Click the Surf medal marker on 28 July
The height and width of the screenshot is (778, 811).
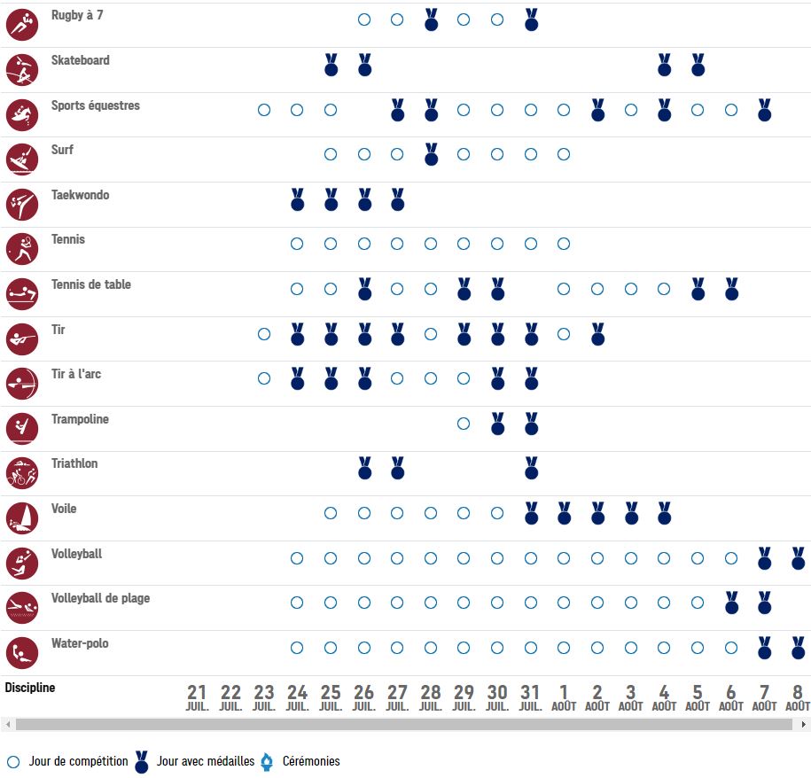tap(431, 154)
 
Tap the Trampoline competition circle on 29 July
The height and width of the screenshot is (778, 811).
tap(464, 424)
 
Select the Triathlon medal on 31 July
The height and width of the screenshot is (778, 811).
tap(531, 468)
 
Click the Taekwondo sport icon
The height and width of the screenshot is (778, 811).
tap(22, 205)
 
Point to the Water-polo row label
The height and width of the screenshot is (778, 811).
tap(80, 643)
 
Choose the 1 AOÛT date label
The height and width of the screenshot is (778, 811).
tap(564, 697)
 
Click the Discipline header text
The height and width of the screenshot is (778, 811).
tap(30, 688)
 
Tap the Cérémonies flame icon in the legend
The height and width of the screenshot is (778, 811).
tap(266, 761)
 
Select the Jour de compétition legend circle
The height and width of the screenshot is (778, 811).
tap(13, 761)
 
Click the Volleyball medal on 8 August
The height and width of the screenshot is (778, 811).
tap(798, 557)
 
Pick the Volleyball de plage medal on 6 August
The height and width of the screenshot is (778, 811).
tap(731, 603)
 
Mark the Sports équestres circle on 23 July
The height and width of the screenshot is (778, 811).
tap(263, 110)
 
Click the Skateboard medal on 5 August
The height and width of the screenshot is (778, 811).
tap(698, 65)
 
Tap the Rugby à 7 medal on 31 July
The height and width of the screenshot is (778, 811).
tap(531, 19)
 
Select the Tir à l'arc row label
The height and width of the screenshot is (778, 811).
tap(76, 374)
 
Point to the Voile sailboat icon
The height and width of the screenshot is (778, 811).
tap(22, 518)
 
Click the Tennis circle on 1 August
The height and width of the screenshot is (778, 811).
tap(564, 244)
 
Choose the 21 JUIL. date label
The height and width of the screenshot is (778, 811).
tap(197, 697)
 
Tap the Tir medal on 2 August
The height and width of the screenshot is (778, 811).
tap(597, 334)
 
